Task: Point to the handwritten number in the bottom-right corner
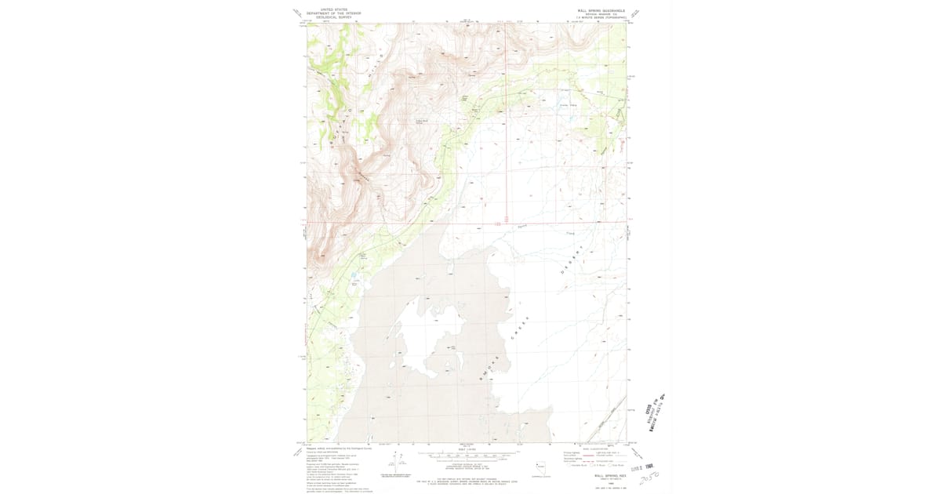click(x=648, y=475)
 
